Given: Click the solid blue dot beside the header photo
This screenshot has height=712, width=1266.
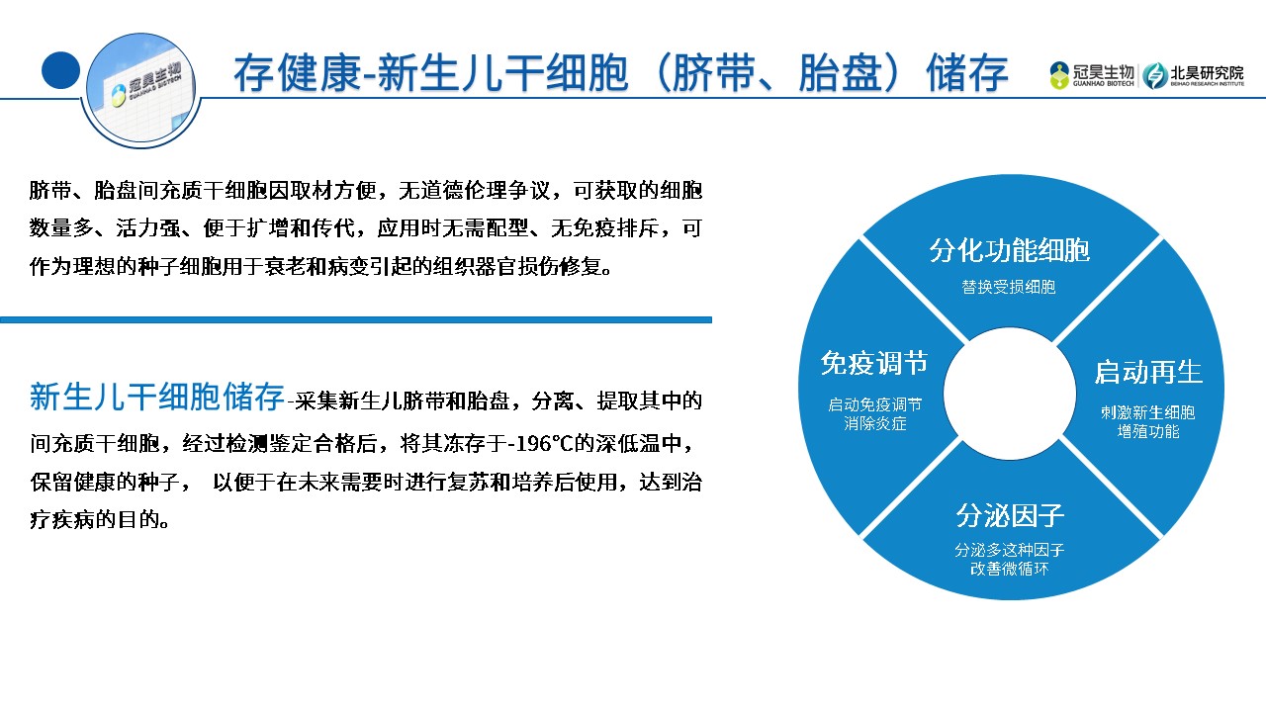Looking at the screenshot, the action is point(61,70).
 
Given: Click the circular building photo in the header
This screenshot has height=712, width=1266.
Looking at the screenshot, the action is point(141,89).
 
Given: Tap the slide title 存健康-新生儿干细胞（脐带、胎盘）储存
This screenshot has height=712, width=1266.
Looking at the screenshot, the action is point(620,73).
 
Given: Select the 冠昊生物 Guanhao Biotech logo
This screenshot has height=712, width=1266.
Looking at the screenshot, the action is point(1092,76).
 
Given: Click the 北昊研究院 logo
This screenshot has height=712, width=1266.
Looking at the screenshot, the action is point(1193,76).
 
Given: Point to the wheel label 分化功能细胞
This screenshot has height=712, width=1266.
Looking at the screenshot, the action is point(1010,250).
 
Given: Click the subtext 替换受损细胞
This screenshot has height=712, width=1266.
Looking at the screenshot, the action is point(1009,287).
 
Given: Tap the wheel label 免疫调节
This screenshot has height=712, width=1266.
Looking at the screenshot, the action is point(874,363).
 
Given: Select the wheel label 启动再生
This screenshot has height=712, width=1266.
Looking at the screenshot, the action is point(1148,372).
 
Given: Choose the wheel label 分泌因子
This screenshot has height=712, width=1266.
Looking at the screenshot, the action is point(1010,515).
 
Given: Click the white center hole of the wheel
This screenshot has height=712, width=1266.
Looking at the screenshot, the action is point(1010,394).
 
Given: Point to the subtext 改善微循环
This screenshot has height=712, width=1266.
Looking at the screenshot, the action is point(1010,569).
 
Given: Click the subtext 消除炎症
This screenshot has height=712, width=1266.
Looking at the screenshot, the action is point(875,423).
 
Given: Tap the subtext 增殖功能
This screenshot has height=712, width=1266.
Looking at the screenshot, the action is point(1148,432).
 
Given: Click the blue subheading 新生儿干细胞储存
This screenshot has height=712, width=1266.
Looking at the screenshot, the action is point(156,397).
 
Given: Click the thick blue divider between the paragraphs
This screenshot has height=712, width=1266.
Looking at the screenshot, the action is point(356,319).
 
